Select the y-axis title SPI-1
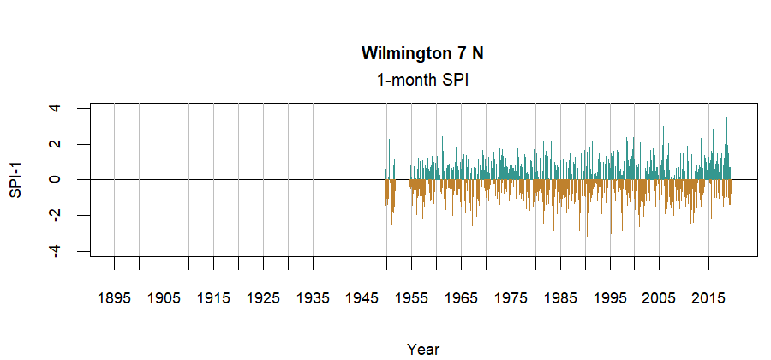coord(15,179)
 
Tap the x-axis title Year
coord(423,349)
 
